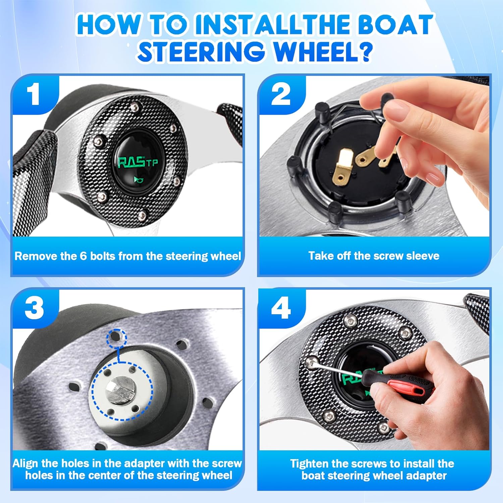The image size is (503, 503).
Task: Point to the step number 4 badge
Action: (281, 308)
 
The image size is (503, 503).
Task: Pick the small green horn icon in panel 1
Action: (137, 180)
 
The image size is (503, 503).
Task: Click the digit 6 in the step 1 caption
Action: (83, 256)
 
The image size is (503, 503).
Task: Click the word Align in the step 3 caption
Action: (26, 463)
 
